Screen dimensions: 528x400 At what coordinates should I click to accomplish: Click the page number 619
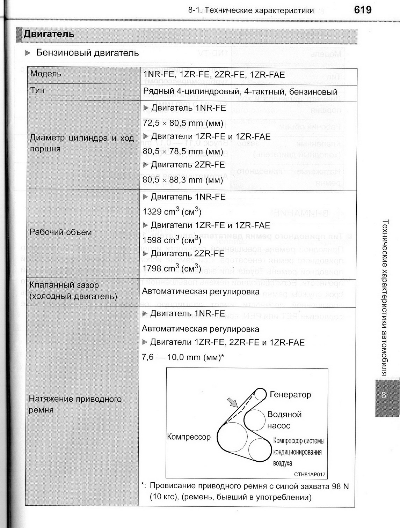tap(362, 10)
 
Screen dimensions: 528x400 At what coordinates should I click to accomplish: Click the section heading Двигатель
tap(49, 34)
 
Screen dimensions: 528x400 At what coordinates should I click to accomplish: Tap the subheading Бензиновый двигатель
tap(87, 53)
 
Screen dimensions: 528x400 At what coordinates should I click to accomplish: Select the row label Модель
tap(46, 74)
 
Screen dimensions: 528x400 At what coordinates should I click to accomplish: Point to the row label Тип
tap(37, 90)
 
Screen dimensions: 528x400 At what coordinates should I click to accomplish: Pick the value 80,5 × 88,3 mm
tap(183, 180)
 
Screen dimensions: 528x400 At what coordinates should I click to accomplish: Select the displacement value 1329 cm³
tap(172, 212)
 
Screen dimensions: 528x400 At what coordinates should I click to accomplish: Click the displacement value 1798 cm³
tap(172, 268)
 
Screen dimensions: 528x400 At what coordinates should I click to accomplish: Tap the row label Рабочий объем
tap(60, 232)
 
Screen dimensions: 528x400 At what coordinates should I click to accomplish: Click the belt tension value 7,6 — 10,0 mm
tap(183, 357)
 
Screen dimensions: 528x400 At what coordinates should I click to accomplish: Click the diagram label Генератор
tap(290, 395)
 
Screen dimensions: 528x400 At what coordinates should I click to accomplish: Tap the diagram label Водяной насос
tap(284, 420)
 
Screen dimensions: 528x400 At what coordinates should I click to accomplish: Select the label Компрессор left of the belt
tap(189, 437)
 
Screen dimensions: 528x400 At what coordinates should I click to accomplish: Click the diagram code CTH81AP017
tap(310, 475)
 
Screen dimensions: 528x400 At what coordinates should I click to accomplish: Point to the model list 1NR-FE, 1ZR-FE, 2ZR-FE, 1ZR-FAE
tap(214, 75)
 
